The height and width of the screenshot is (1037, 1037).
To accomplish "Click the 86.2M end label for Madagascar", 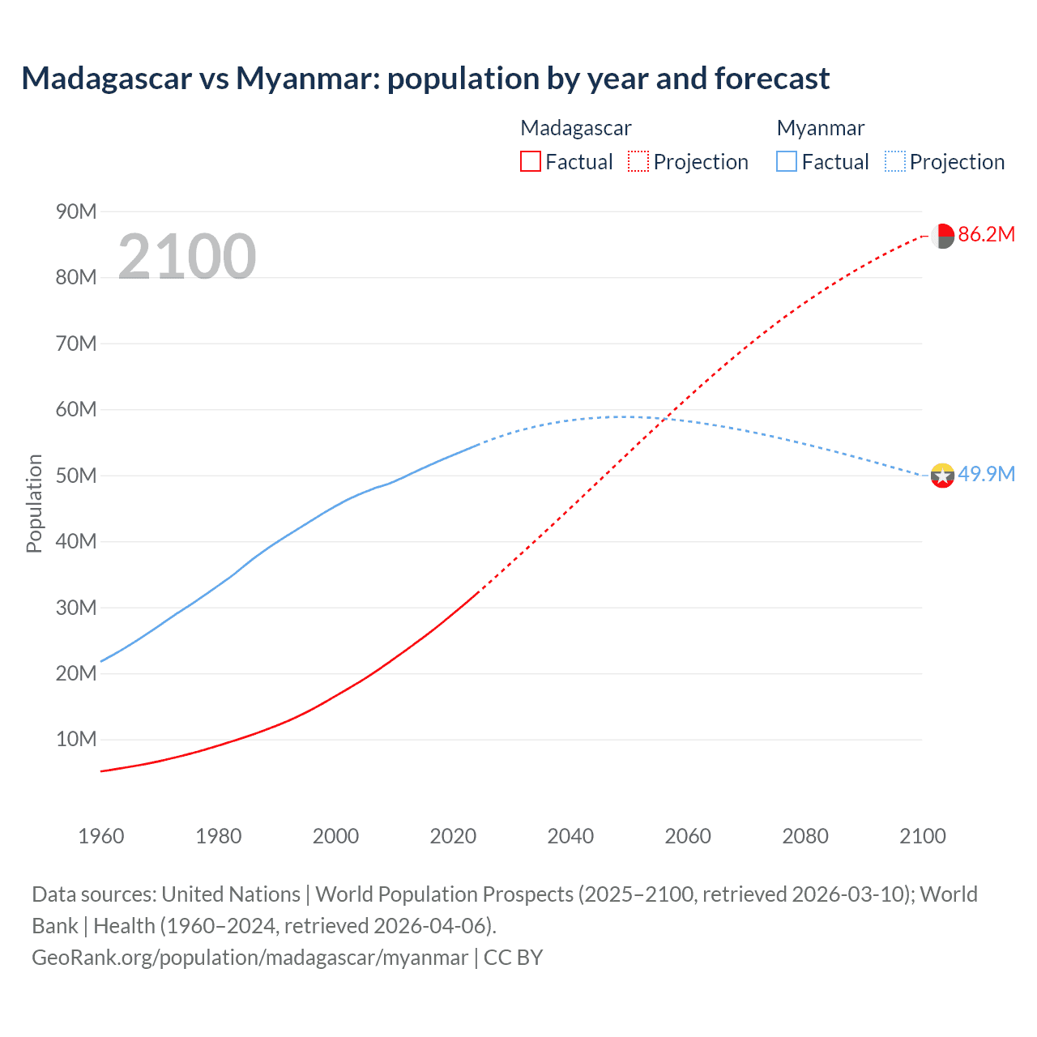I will (986, 235).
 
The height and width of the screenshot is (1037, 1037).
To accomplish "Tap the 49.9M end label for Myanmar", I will (986, 475).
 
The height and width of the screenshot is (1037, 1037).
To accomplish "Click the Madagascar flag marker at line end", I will (942, 236).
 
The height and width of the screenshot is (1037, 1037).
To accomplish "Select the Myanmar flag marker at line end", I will (942, 476).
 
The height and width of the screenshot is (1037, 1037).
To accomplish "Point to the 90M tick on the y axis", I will (76, 212).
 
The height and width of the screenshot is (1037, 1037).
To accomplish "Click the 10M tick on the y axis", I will (76, 740).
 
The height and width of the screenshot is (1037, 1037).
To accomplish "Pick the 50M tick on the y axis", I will (76, 476).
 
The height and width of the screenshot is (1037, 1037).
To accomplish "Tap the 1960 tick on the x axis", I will (101, 836).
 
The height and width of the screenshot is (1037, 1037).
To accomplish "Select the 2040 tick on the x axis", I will (570, 836).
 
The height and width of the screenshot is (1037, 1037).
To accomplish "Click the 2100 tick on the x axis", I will (923, 836).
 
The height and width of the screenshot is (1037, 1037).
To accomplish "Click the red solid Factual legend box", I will (531, 162).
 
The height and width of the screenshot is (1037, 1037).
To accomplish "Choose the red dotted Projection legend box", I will (638, 162).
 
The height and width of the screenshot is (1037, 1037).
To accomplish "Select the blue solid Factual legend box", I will (787, 162).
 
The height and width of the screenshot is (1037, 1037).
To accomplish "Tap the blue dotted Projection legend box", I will (895, 162).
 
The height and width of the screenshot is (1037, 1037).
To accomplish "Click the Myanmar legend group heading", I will (820, 128).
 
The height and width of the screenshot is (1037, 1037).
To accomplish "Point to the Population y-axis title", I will (34, 503).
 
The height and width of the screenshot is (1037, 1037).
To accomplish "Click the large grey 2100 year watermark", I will (187, 257).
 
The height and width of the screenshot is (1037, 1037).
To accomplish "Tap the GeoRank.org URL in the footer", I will (250, 958).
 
